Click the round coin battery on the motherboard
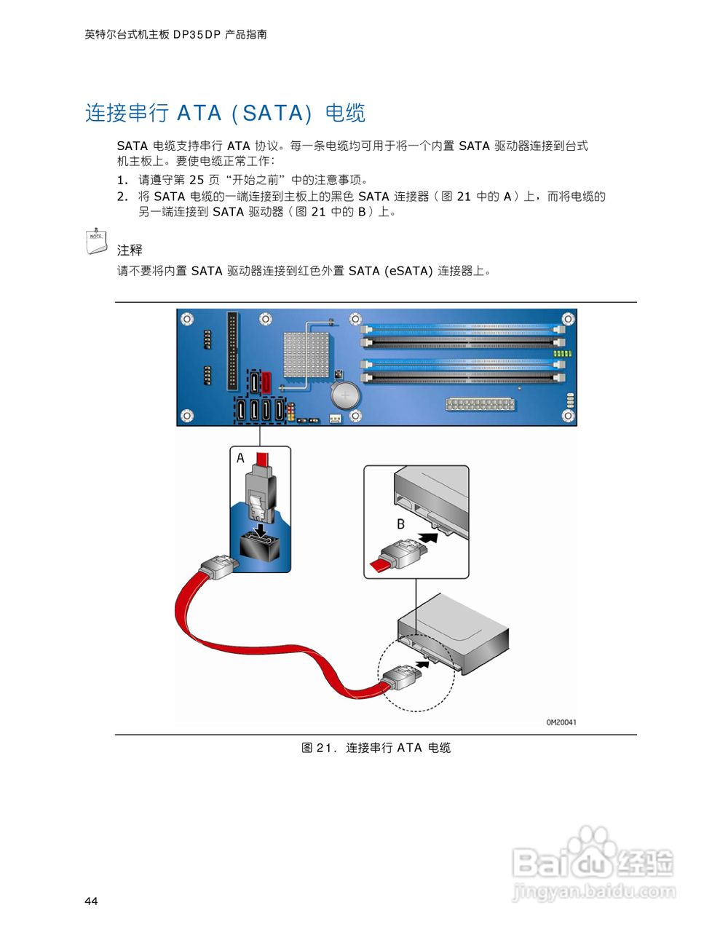[x=344, y=396]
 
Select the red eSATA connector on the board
[x=267, y=381]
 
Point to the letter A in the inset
[x=240, y=458]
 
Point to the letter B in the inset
[x=400, y=524]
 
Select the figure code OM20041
[x=561, y=722]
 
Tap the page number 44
[x=91, y=901]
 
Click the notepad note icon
[x=96, y=241]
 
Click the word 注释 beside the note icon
[x=130, y=250]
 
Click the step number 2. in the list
[x=122, y=197]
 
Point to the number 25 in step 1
[x=197, y=180]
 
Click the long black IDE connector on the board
[x=232, y=351]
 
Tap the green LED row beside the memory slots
[x=562, y=353]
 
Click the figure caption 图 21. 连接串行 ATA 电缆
[x=376, y=748]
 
